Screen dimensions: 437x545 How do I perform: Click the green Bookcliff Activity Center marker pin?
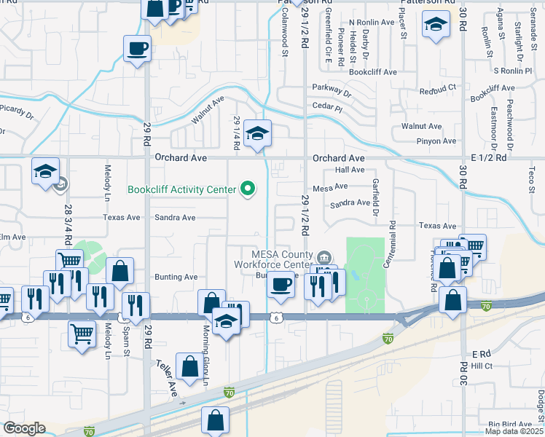click(248, 189)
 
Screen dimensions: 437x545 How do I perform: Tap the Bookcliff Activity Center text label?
click(181, 189)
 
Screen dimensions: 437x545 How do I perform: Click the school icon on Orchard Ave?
click(256, 134)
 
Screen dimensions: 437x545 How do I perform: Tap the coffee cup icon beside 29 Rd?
click(137, 50)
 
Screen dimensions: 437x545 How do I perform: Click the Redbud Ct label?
click(437, 89)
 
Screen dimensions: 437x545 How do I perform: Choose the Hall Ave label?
click(349, 170)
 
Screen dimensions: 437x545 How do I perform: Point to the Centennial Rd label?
click(392, 243)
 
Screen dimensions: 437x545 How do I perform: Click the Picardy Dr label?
click(16, 113)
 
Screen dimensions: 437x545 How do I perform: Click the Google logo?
click(24, 428)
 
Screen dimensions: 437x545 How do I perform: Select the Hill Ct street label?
click(482, 365)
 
